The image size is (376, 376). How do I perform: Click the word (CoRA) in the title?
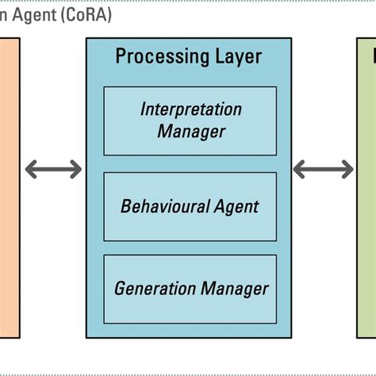pyautogui.click(x=84, y=15)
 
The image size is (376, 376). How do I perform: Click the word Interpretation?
pyautogui.click(x=190, y=109)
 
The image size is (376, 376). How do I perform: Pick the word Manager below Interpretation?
pyautogui.click(x=190, y=131)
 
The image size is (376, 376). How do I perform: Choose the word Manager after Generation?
pyautogui.click(x=234, y=289)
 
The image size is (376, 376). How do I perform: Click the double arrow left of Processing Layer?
pyautogui.click(x=53, y=169)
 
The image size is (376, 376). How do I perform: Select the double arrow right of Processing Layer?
pyautogui.click(x=323, y=169)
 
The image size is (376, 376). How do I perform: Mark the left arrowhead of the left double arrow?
pyautogui.click(x=30, y=169)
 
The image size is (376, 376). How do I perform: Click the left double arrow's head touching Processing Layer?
pyautogui.click(x=76, y=169)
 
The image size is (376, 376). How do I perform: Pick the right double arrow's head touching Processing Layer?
pyautogui.click(x=300, y=169)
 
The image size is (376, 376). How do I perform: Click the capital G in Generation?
pyautogui.click(x=120, y=289)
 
